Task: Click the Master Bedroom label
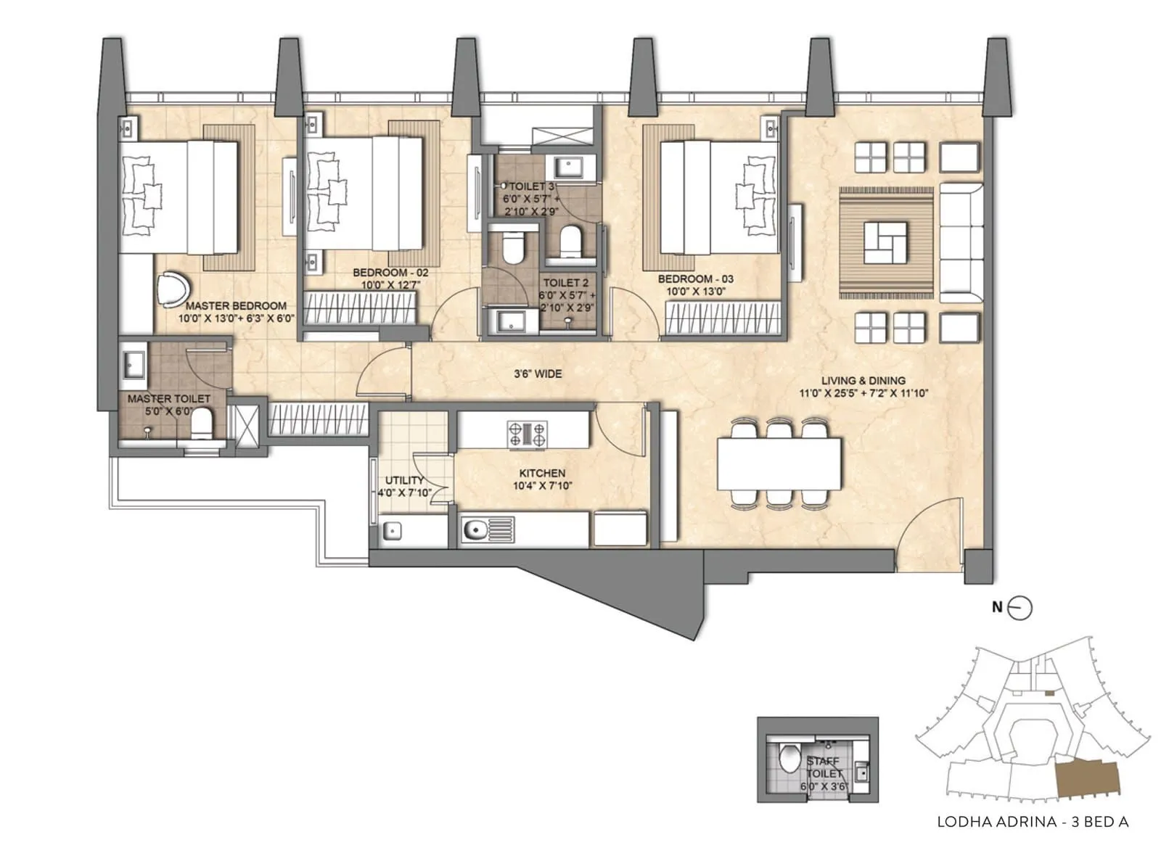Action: click(237, 306)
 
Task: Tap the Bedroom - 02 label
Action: click(391, 273)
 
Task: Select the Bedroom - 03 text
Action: click(696, 279)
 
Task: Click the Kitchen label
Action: click(542, 473)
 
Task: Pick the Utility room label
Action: click(404, 480)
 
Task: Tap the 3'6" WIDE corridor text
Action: click(538, 374)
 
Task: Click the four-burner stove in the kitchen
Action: click(527, 434)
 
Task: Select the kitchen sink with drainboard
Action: click(488, 529)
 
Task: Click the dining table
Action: click(779, 463)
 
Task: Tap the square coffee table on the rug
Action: click(885, 243)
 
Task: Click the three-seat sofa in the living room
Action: click(961, 242)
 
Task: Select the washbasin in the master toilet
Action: click(134, 363)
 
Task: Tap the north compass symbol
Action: click(1020, 608)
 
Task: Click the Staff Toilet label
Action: click(824, 767)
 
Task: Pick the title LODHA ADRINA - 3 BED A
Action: click(1033, 822)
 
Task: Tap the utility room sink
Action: click(393, 531)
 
